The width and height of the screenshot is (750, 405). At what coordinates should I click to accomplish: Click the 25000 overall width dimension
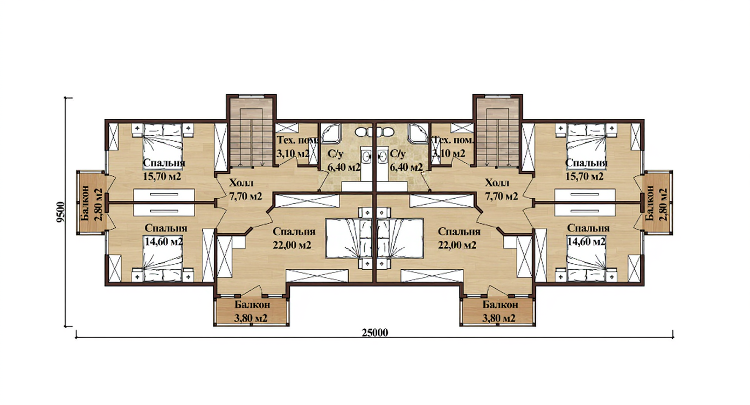pyautogui.click(x=374, y=332)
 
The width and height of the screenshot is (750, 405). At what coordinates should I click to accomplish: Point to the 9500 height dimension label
pyautogui.click(x=60, y=212)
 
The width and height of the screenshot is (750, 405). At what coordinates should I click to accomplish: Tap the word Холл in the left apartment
pyautogui.click(x=241, y=183)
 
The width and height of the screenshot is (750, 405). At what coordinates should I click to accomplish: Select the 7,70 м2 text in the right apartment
pyautogui.click(x=501, y=196)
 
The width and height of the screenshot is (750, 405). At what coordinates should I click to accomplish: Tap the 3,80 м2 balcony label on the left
pyautogui.click(x=251, y=318)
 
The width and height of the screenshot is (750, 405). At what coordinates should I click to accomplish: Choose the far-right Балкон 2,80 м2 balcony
pyautogui.click(x=658, y=202)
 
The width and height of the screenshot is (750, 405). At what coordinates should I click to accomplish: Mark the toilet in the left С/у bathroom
pyautogui.click(x=362, y=131)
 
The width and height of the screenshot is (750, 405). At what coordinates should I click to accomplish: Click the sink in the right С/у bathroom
pyautogui.click(x=383, y=156)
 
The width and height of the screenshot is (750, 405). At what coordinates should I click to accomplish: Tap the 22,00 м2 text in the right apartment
pyautogui.click(x=457, y=246)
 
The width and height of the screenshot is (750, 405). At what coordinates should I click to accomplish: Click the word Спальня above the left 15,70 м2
pyautogui.click(x=164, y=163)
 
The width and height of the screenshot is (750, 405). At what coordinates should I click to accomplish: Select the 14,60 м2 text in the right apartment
pyautogui.click(x=586, y=241)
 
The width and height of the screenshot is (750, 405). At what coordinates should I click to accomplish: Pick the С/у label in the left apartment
pyautogui.click(x=335, y=154)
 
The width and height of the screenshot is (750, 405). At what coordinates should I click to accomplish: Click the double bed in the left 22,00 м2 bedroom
pyautogui.click(x=349, y=239)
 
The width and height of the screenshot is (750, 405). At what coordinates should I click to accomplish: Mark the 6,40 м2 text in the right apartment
pyautogui.click(x=406, y=167)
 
